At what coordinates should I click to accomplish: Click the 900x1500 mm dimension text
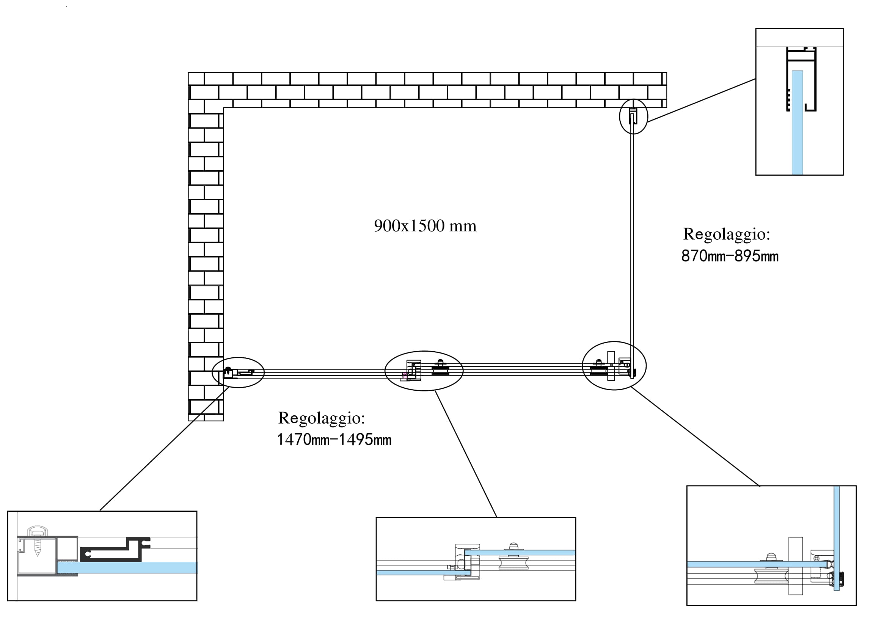point(425,226)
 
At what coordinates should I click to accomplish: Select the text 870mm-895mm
point(729,256)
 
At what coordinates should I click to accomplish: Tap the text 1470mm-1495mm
point(334,440)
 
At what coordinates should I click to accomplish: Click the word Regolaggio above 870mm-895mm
point(726,234)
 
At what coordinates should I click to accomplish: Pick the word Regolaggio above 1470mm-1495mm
point(322,418)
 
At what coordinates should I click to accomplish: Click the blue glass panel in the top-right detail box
point(797,124)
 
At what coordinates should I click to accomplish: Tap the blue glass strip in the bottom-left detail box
point(127,567)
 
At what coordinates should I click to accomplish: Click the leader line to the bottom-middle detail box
point(466,454)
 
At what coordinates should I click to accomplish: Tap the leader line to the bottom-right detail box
point(695,437)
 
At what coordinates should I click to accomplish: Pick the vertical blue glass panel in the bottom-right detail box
point(837,541)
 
